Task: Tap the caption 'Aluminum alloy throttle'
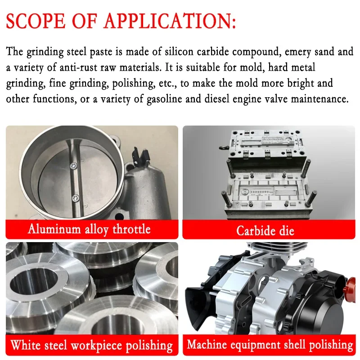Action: click(89, 229)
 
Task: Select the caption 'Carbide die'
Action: click(265, 231)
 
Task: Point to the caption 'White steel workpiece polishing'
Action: click(92, 346)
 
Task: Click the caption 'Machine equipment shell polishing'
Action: click(270, 345)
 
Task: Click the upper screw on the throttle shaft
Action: click(74, 166)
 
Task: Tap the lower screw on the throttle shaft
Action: click(76, 197)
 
